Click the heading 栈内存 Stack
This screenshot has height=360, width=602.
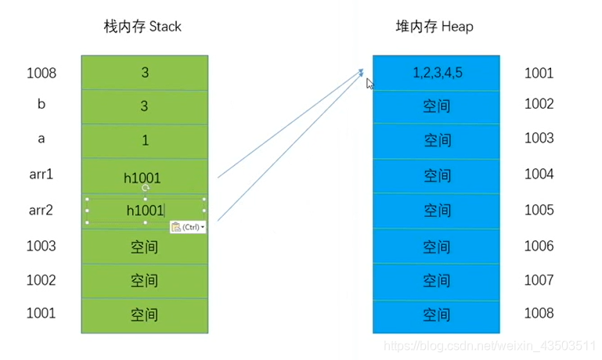[x=142, y=27]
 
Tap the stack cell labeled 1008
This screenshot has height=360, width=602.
[x=144, y=73]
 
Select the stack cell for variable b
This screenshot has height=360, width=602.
[x=144, y=106]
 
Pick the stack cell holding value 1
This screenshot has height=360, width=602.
[x=144, y=141]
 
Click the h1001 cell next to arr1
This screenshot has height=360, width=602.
[x=144, y=177]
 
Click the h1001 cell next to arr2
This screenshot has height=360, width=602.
[x=145, y=211]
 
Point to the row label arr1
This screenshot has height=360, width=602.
[x=41, y=174]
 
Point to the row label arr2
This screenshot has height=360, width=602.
[x=41, y=210]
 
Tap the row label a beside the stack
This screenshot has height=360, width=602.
[x=41, y=139]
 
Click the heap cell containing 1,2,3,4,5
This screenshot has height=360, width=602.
[x=436, y=73]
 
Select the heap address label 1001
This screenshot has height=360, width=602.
[x=539, y=74]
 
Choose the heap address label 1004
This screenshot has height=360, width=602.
[x=539, y=174]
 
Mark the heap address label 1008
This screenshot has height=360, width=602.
[x=539, y=313]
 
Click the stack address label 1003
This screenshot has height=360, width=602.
[x=41, y=246]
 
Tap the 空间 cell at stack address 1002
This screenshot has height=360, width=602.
[x=144, y=281]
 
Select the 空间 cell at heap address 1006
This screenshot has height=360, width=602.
[x=436, y=247]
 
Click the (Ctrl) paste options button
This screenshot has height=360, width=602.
[x=188, y=227]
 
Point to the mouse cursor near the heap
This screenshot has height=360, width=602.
[x=369, y=81]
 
